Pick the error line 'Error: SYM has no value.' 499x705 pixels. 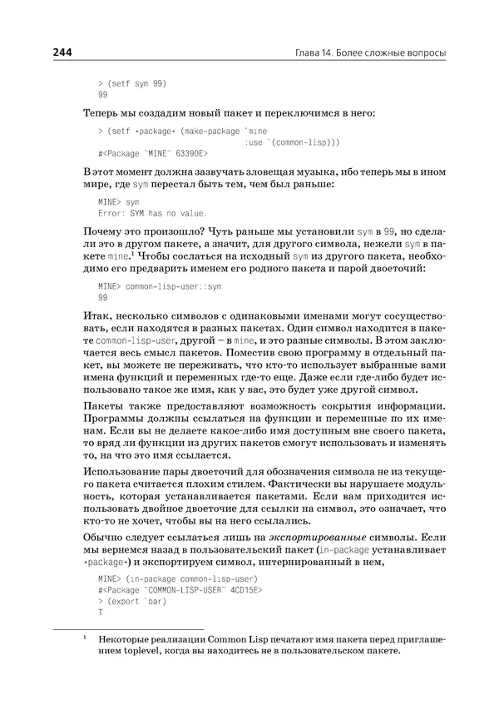tap(151, 213)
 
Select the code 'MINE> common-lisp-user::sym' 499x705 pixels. tap(161, 285)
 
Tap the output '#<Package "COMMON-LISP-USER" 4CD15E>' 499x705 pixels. tap(180, 589)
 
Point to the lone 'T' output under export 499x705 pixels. tap(100, 612)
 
